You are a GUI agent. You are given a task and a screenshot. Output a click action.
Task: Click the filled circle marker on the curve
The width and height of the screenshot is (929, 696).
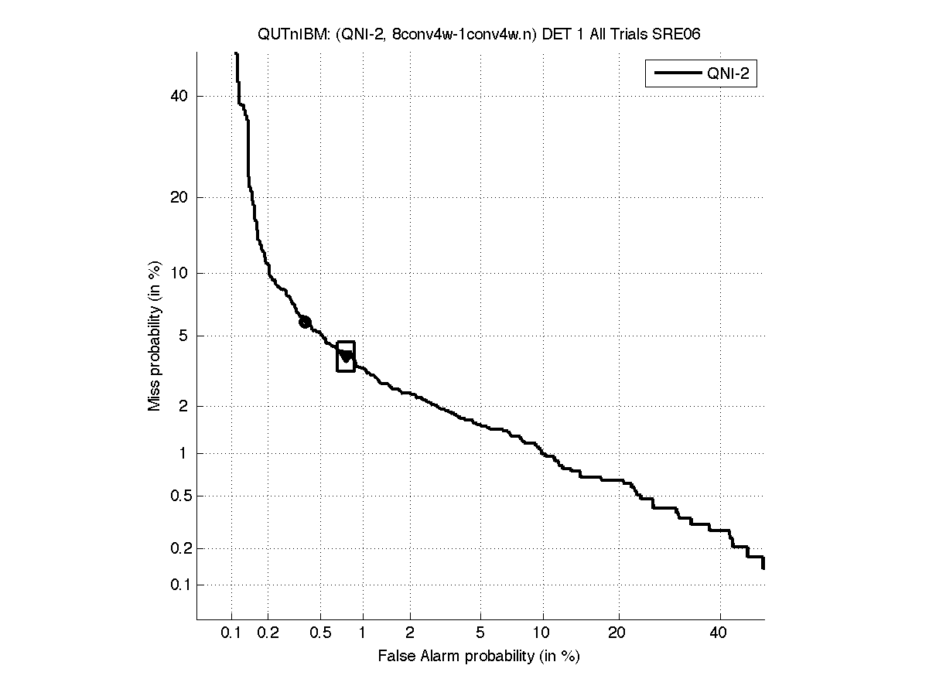[305, 322]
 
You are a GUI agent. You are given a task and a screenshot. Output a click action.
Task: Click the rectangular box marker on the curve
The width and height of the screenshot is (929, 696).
[346, 357]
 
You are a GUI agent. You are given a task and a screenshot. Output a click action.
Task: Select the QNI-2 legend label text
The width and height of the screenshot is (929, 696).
[729, 74]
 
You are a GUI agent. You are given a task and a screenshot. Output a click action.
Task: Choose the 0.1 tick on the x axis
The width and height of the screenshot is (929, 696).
[231, 633]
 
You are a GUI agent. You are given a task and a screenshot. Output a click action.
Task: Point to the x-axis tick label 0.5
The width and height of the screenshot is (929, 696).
[319, 633]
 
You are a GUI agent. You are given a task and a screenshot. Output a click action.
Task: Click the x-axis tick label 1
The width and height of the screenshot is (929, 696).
[363, 633]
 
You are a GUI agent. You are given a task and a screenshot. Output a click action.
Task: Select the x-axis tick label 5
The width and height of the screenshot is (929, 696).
[480, 633]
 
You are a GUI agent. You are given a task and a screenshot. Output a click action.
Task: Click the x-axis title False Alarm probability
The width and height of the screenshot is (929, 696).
[479, 657]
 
